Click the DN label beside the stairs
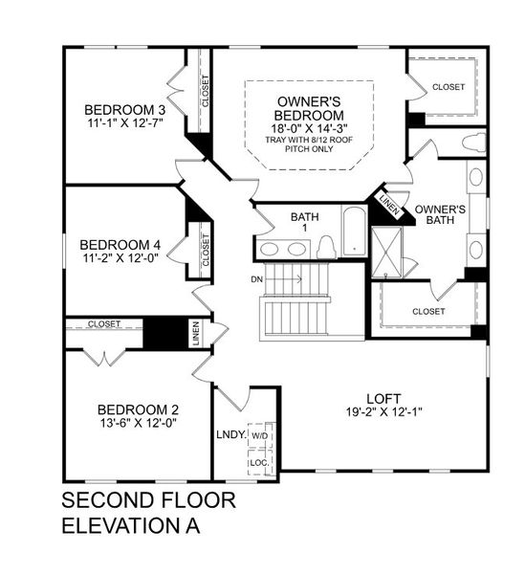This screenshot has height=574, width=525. pyautogui.click(x=255, y=279)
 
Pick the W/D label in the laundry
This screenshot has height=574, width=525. pyautogui.click(x=260, y=435)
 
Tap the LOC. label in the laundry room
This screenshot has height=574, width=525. pyautogui.click(x=258, y=461)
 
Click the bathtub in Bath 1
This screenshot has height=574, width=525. pyautogui.click(x=354, y=232)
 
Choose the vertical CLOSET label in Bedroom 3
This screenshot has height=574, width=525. pyautogui.click(x=206, y=92)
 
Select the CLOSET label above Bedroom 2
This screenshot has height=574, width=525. pyautogui.click(x=104, y=324)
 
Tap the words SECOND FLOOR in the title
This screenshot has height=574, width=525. pyautogui.click(x=148, y=500)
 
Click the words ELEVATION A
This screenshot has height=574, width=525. pyautogui.click(x=131, y=526)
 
